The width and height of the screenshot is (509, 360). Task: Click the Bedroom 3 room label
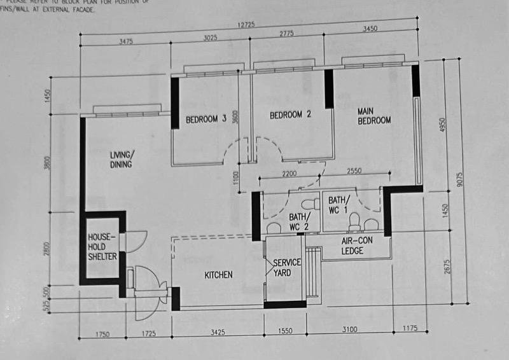point(206,119)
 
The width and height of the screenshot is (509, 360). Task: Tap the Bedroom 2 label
point(290,115)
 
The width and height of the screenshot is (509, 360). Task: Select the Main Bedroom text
point(374,116)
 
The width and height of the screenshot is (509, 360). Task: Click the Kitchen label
point(218,275)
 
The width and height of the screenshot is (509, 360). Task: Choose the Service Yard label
point(286,268)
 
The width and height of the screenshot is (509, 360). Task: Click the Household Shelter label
point(102,246)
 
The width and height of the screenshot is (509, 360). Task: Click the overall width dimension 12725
point(249,25)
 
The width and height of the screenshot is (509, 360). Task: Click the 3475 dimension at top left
point(126,42)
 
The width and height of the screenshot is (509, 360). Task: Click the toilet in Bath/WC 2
point(309,205)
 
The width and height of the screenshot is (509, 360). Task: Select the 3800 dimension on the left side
point(47,163)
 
